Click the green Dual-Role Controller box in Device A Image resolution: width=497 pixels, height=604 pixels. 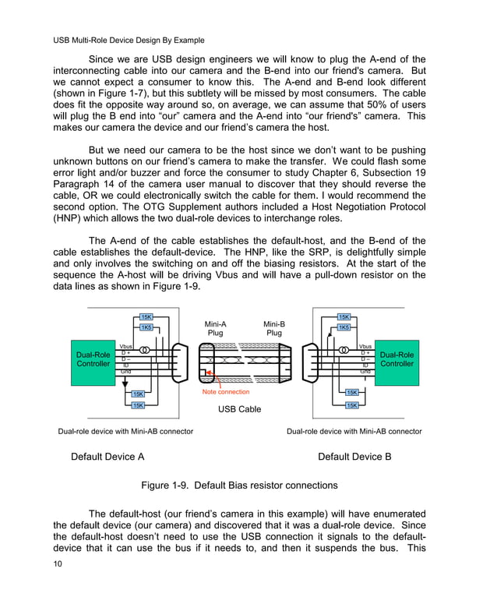click(x=93, y=359)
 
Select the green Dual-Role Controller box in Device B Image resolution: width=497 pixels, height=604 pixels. click(x=397, y=359)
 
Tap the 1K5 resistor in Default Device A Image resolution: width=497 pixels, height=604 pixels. click(x=146, y=327)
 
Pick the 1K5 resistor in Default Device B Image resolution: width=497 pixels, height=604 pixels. click(x=344, y=327)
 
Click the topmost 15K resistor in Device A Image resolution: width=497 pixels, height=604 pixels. click(x=146, y=316)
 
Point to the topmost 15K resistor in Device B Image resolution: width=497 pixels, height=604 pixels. click(x=344, y=316)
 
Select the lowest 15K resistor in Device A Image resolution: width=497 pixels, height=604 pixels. click(x=138, y=405)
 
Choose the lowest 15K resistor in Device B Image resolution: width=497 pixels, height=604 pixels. click(x=351, y=405)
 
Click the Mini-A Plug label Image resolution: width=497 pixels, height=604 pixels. click(x=215, y=328)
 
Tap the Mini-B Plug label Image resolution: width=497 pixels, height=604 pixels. click(x=274, y=328)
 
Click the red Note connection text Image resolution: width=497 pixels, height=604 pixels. click(x=226, y=392)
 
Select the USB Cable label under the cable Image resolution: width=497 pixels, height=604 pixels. click(x=239, y=409)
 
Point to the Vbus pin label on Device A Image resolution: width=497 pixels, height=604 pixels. click(x=126, y=347)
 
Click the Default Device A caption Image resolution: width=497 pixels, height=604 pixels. click(x=108, y=457)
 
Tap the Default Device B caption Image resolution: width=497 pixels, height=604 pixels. click(x=354, y=457)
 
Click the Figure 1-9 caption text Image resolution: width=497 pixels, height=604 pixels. click(x=239, y=486)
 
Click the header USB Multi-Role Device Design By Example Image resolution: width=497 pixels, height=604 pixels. click(x=129, y=40)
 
